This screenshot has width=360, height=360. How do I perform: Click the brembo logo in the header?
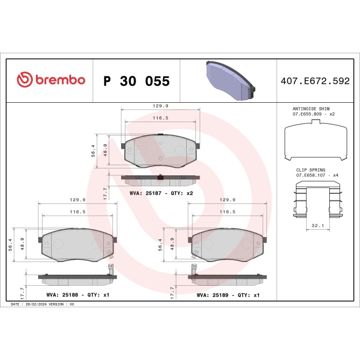tap(51, 80)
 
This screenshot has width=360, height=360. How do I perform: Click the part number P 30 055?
tap(136, 81)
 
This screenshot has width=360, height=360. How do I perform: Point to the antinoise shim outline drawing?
tap(314, 142)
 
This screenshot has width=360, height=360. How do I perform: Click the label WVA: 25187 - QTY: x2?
tap(161, 193)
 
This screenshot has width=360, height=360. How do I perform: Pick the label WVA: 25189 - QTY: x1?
tap(228, 295)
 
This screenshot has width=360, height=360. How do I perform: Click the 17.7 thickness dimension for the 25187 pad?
tap(105, 193)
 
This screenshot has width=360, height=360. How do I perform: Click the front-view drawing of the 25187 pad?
tap(161, 152)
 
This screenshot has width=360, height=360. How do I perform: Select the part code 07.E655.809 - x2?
tap(314, 115)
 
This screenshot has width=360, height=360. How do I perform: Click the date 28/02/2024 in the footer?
tap(36, 305)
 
